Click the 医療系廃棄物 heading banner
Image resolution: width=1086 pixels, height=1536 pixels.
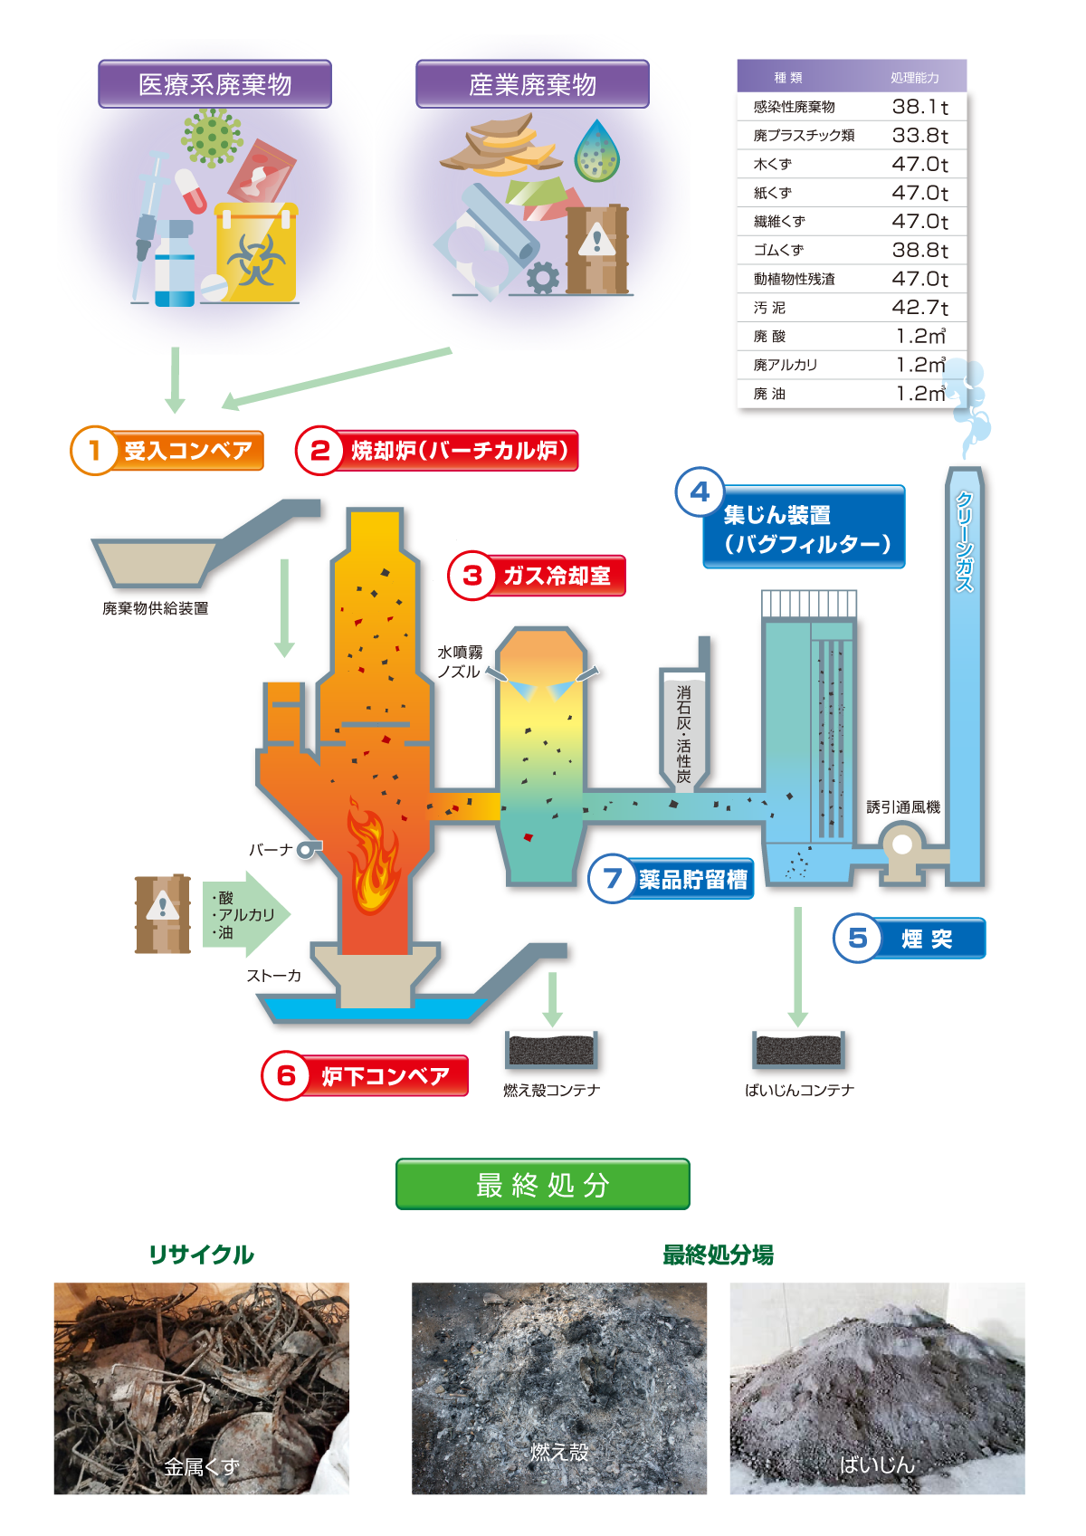pos(214,84)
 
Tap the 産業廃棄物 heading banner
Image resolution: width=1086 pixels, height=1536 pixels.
pos(532,84)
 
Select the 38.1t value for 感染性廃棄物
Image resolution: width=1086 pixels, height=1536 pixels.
pos(919,107)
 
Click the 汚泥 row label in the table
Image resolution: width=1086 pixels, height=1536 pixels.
pos(769,308)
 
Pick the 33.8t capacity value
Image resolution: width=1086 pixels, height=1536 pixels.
pos(919,136)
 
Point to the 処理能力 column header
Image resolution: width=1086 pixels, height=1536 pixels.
pos(914,78)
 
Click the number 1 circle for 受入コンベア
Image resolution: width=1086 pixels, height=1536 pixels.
pos(94,450)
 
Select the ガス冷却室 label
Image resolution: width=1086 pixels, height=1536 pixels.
pos(556,576)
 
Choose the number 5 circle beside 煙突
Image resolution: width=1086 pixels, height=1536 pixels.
pos(857,939)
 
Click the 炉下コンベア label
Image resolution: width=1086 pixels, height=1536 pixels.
pos(386,1076)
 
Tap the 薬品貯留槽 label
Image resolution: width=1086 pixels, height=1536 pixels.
pos(692,879)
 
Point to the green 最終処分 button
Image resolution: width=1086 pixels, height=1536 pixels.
pos(543,1184)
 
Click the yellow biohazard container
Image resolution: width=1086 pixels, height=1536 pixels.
pos(256,254)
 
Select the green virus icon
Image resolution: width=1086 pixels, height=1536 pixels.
pos(212,138)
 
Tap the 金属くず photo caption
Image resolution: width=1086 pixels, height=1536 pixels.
pos(202,1466)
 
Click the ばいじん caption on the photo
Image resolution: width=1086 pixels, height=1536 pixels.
pos(876,1464)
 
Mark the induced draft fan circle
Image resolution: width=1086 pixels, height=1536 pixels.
pos(902,845)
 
